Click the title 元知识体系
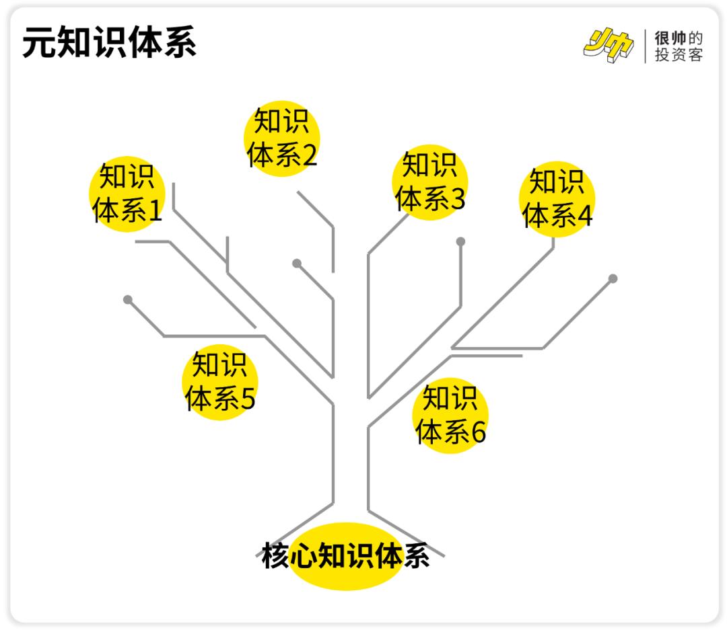click(109, 43)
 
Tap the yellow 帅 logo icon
click(609, 46)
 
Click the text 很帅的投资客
click(679, 46)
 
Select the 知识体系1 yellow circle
click(127, 194)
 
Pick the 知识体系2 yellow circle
click(281, 139)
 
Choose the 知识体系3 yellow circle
click(429, 182)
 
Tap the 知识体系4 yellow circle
click(557, 199)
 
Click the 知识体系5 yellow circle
click(220, 382)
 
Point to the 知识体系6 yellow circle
click(450, 416)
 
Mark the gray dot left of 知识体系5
click(128, 299)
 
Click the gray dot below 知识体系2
click(297, 263)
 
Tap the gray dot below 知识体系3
click(460, 241)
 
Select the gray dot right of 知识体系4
click(613, 278)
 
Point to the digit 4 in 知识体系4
click(584, 216)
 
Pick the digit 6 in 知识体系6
click(477, 432)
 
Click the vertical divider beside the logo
click(645, 46)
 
